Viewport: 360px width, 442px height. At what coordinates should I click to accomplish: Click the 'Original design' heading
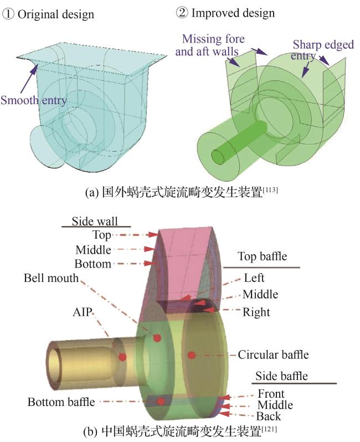click(55, 14)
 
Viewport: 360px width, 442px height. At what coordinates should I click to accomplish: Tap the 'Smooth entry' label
click(34, 100)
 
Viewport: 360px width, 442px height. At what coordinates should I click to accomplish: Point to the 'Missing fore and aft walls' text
click(213, 44)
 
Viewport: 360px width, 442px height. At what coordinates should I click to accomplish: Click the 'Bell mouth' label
click(52, 277)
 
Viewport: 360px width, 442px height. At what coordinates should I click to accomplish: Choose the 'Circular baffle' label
click(273, 354)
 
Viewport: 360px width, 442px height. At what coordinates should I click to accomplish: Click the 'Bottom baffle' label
click(61, 402)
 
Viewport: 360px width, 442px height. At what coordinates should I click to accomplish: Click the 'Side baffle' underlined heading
click(281, 377)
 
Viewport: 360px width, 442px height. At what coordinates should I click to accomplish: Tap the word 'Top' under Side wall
click(101, 235)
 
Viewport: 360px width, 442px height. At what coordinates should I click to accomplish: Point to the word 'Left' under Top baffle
click(254, 277)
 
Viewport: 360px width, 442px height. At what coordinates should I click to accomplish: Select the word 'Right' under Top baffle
click(256, 312)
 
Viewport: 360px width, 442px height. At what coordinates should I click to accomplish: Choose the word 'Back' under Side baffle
click(269, 416)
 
